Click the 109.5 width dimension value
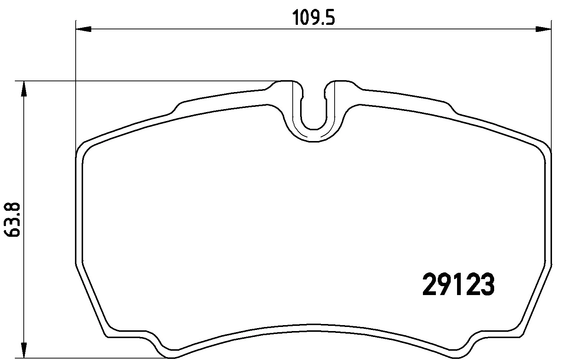pyautogui.click(x=313, y=18)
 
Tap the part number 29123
pyautogui.click(x=459, y=285)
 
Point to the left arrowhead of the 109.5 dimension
pyautogui.click(x=83, y=29)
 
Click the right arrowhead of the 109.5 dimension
pyautogui.click(x=543, y=29)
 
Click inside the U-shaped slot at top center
pyautogui.click(x=314, y=111)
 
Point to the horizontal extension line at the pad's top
pyautogui.click(x=148, y=81)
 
